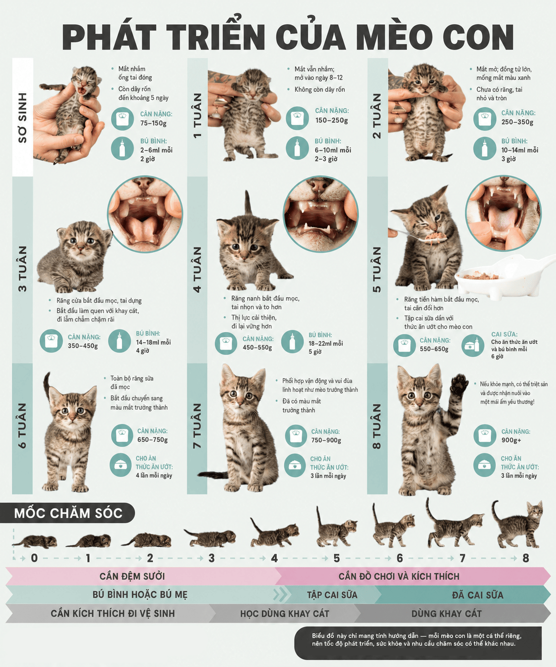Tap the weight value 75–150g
click(x=153, y=123)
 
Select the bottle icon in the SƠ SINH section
click(x=122, y=148)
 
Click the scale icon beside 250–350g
click(x=485, y=119)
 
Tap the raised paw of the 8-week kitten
click(x=458, y=384)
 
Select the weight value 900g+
click(x=511, y=440)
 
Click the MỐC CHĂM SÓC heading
click(x=68, y=513)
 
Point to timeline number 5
click(x=337, y=558)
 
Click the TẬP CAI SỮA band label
click(x=332, y=595)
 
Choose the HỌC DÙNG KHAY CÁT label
click(x=285, y=614)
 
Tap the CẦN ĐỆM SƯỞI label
click(x=132, y=576)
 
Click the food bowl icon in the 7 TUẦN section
click(x=295, y=466)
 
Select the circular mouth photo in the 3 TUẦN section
click(x=145, y=214)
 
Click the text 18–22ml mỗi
click(x=326, y=343)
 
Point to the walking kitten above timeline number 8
click(x=517, y=524)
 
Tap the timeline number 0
click(x=34, y=558)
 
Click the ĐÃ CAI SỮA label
click(x=478, y=595)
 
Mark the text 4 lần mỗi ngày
click(x=154, y=475)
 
